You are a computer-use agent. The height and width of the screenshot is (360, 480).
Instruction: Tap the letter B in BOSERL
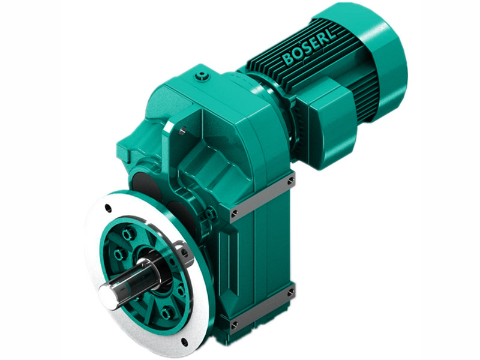click(286, 61)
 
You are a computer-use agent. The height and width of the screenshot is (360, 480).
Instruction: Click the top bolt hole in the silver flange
click(108, 208)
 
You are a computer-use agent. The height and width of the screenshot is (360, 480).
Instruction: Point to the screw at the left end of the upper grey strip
click(234, 212)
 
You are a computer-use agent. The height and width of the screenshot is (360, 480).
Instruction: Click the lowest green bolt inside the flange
click(166, 312)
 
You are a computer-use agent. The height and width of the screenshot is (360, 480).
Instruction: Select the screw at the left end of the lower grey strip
click(234, 325)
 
